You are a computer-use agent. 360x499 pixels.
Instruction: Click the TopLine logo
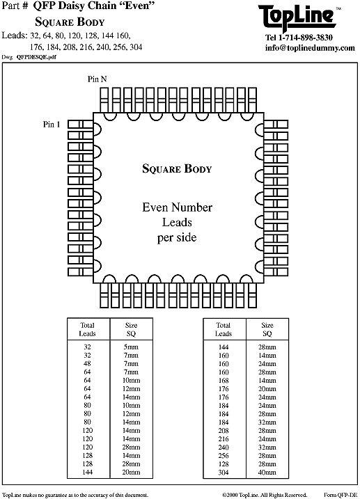(x=297, y=17)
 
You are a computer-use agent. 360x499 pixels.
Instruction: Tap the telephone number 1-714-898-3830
(x=306, y=38)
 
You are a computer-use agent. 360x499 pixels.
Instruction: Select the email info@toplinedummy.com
(x=310, y=48)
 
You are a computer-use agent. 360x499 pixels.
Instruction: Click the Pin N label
(x=97, y=79)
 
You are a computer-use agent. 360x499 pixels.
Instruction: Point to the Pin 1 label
(x=52, y=124)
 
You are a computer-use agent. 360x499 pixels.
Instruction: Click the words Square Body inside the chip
(x=177, y=168)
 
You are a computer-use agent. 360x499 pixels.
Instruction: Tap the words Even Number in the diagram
(x=177, y=207)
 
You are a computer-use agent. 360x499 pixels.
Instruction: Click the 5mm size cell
(x=131, y=347)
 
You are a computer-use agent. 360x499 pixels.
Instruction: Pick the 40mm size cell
(x=267, y=473)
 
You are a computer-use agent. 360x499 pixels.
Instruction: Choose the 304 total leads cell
(x=224, y=473)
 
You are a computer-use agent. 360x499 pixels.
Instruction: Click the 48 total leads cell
(x=87, y=363)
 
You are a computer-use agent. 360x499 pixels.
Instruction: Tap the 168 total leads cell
(x=224, y=380)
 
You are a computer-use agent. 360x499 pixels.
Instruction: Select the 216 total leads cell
(x=224, y=439)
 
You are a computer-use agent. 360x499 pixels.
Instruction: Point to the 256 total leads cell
(x=224, y=455)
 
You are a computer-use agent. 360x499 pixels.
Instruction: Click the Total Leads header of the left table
(x=87, y=329)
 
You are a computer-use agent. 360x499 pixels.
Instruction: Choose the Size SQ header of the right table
(x=267, y=329)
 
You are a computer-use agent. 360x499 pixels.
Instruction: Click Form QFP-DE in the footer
(x=341, y=495)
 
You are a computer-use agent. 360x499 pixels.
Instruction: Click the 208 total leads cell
(x=224, y=431)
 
